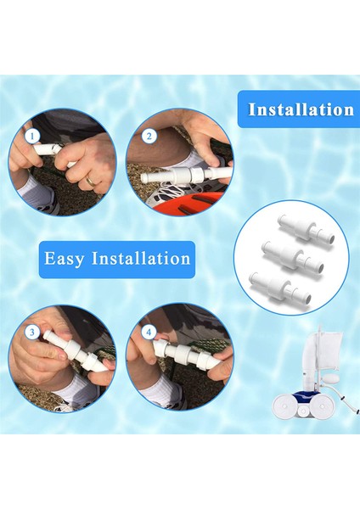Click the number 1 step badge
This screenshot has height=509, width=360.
(32, 135)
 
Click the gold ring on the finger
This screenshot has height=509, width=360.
(90, 179)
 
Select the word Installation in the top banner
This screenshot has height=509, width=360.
(301, 109)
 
